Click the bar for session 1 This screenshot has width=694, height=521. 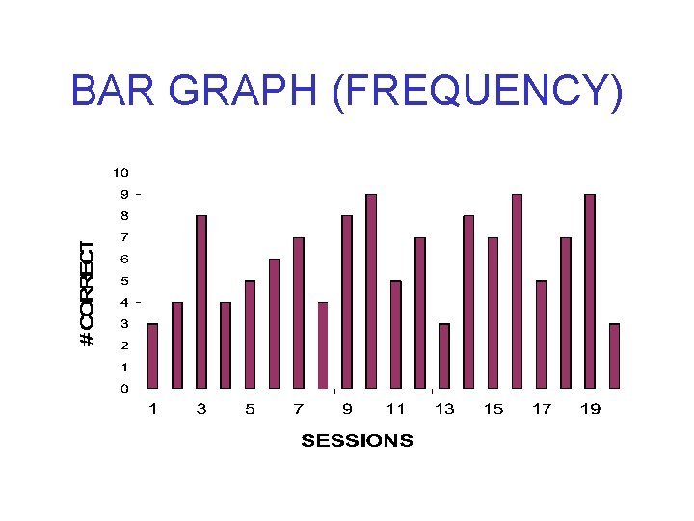[x=152, y=356]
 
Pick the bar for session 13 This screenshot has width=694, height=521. [x=444, y=356]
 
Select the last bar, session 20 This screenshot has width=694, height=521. [x=614, y=356]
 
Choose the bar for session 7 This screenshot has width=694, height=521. [x=299, y=313]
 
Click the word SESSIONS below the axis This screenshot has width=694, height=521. [x=357, y=441]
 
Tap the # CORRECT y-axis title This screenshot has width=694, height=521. [x=88, y=293]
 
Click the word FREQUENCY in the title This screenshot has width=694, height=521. [x=476, y=93]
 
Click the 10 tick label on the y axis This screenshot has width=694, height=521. [x=120, y=173]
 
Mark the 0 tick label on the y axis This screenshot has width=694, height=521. [x=124, y=389]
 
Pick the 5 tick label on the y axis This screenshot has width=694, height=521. [x=124, y=281]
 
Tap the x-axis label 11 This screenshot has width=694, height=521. [x=395, y=409]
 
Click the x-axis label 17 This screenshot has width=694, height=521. [x=542, y=409]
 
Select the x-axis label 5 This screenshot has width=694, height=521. [x=250, y=409]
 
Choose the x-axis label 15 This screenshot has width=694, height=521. [x=493, y=409]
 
